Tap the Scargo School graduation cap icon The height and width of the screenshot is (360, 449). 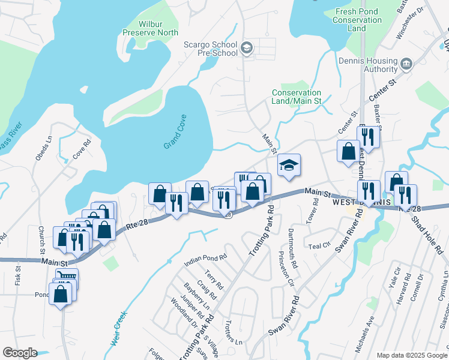tap(246, 48)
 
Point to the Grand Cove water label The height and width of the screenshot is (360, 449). tap(175, 132)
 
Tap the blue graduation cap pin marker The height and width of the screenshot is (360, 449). tap(289, 166)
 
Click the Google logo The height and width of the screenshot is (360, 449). tap(19, 353)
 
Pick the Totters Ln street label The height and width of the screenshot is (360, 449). tap(231, 335)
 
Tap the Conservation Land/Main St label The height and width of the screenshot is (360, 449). tap(297, 97)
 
